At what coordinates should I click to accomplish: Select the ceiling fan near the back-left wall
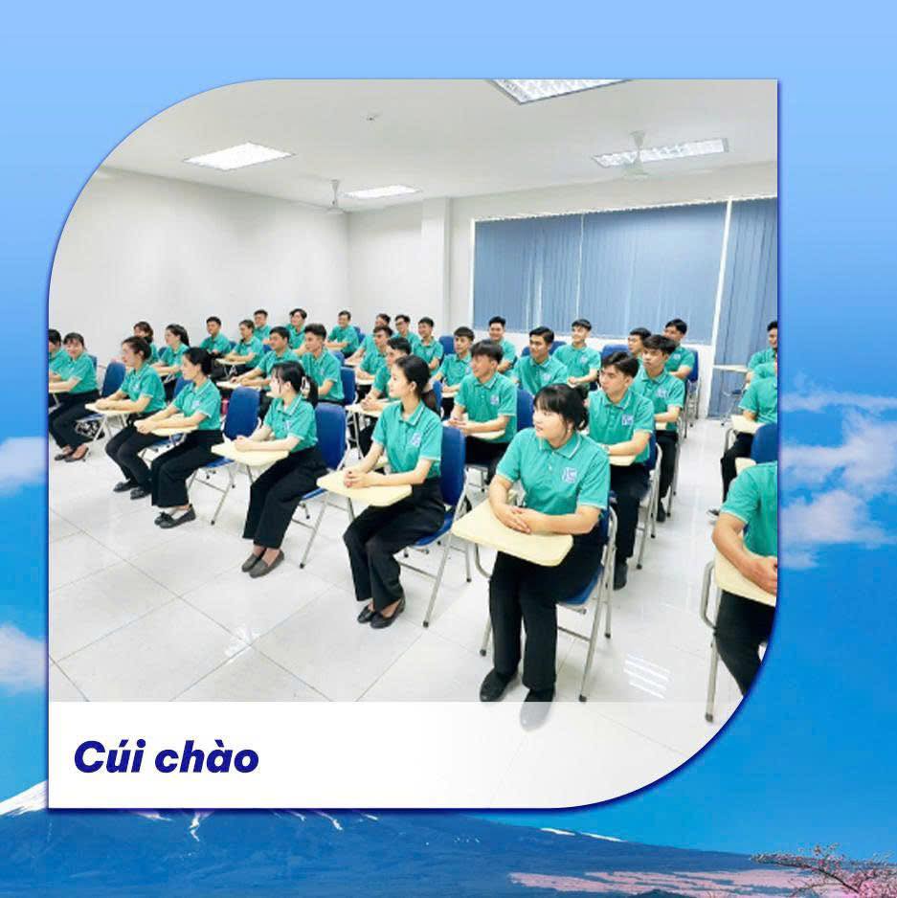tap(334, 200)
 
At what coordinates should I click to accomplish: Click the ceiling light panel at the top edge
tap(555, 89)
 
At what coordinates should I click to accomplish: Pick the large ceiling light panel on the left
tap(237, 156)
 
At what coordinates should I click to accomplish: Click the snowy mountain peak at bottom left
tap(29, 799)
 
